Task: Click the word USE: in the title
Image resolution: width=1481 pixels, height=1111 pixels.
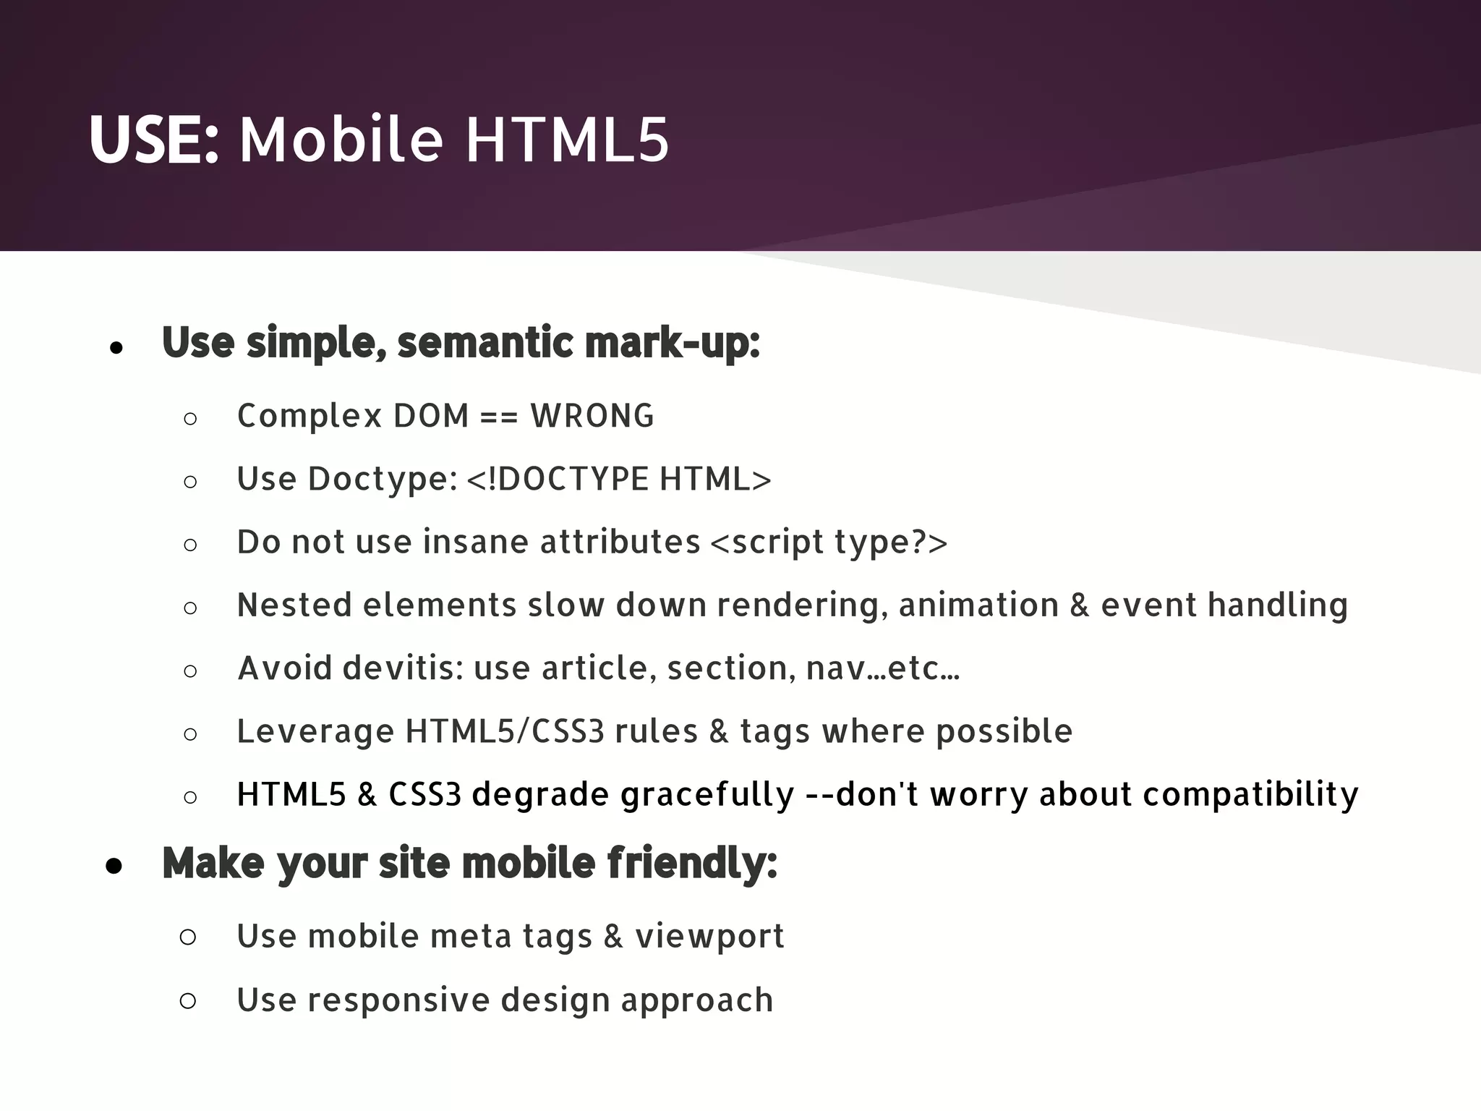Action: point(153,140)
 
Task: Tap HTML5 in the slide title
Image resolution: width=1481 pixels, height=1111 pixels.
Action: point(567,140)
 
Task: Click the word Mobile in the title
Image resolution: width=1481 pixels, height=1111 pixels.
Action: point(341,140)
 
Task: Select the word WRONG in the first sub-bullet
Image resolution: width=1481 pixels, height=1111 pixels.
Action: point(592,417)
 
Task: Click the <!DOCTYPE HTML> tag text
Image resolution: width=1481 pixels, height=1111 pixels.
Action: point(619,480)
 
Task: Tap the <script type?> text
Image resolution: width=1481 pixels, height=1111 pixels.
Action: point(829,542)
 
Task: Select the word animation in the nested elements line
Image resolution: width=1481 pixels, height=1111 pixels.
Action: point(978,605)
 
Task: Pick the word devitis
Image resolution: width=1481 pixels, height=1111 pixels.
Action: point(403,668)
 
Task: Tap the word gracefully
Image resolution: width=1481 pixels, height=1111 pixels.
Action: point(707,795)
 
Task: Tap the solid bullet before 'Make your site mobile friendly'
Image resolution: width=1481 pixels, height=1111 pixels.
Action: point(114,866)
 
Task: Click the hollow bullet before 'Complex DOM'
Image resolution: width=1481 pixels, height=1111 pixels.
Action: point(190,419)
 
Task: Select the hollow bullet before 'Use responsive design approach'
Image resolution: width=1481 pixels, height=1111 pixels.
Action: point(187,1001)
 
